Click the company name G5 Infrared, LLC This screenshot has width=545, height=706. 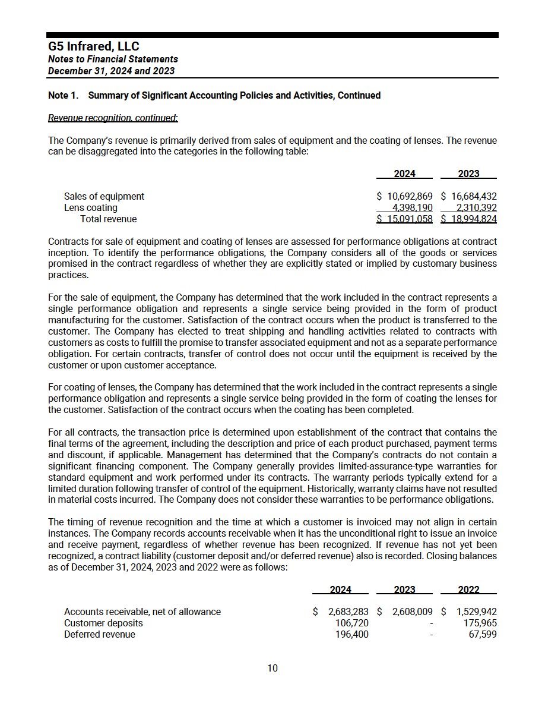(93, 46)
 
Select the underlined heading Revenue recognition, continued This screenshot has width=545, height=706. (113, 118)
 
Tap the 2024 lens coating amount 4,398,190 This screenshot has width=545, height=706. (413, 207)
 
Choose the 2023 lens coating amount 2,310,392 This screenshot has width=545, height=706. (476, 207)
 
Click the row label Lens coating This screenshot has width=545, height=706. (91, 207)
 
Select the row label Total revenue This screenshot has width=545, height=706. (108, 219)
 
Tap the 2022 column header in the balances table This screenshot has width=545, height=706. (469, 590)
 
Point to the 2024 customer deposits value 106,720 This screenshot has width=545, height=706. (352, 623)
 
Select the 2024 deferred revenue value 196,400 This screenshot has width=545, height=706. (352, 634)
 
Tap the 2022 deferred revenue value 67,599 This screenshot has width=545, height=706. (482, 634)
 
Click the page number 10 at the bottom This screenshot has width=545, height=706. (272, 668)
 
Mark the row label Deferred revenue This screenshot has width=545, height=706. (100, 634)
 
